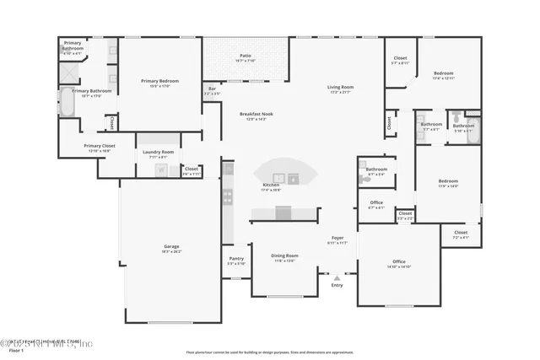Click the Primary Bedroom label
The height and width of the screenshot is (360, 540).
tap(159, 81)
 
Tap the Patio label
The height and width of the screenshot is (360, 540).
tap(245, 56)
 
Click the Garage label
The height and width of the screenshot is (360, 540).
tap(171, 247)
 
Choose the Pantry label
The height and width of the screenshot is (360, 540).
tap(236, 260)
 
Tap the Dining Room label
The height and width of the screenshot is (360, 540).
tap(283, 255)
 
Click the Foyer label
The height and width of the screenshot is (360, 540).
tap(337, 239)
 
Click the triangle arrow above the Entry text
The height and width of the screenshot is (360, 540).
tap(337, 277)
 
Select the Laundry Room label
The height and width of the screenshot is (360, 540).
tap(158, 152)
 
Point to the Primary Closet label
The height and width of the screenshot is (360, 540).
tap(99, 146)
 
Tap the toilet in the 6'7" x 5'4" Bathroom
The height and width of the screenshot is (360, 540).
tap(363, 166)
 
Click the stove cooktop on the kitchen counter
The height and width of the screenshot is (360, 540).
tap(227, 198)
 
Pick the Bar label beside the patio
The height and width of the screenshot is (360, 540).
tap(212, 89)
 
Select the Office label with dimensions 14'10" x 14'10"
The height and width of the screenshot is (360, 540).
tap(399, 262)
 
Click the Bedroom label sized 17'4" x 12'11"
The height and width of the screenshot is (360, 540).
tap(444, 73)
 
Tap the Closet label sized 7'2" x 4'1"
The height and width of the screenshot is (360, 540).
tap(460, 233)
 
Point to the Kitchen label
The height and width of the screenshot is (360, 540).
tap(271, 185)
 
